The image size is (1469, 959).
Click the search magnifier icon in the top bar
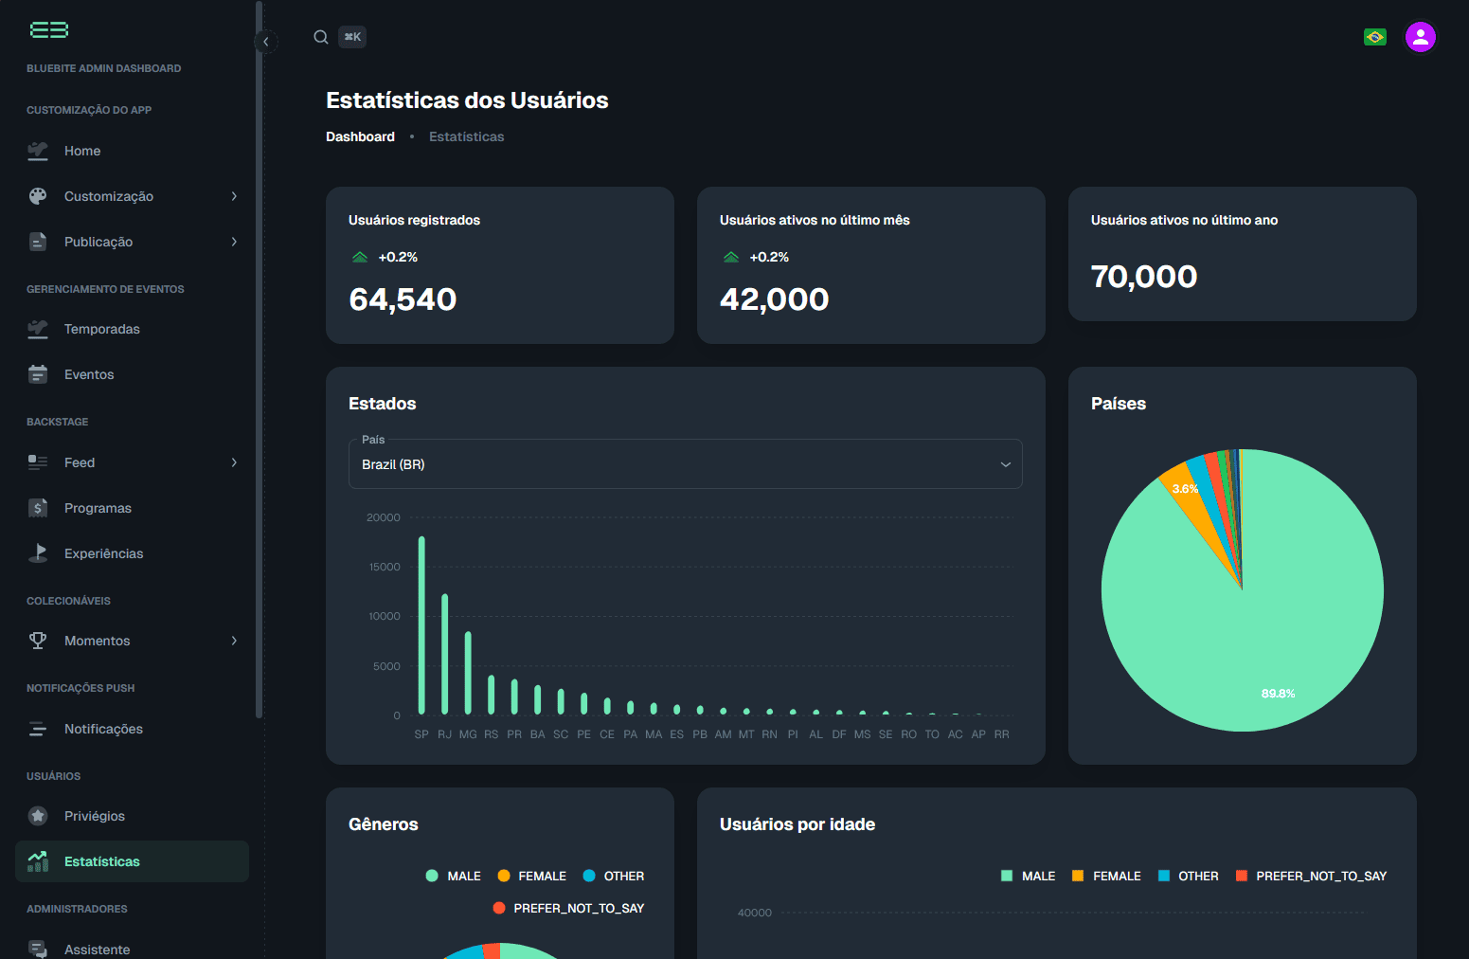point(321,37)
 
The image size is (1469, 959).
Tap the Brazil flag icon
point(1374,37)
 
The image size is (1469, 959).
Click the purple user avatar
point(1420,37)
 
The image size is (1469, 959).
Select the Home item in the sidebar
point(82,151)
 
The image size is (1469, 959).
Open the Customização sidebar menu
point(109,196)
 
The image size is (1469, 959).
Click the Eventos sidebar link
point(89,374)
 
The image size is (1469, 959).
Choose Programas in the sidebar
point(98,508)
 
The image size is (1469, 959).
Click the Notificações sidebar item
point(103,729)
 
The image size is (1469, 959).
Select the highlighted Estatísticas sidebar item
point(102,861)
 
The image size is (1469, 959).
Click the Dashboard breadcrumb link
point(360,136)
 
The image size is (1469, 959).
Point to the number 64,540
point(403,299)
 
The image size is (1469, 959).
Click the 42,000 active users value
point(774,299)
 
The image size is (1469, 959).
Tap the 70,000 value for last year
point(1143,277)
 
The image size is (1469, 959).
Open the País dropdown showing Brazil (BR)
point(685,464)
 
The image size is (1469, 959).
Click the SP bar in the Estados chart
point(421,625)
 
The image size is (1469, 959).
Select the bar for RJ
point(445,654)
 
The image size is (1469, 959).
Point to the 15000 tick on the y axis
point(385,567)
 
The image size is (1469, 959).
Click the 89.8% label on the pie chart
point(1278,694)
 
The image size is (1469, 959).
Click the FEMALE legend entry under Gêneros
point(532,876)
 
